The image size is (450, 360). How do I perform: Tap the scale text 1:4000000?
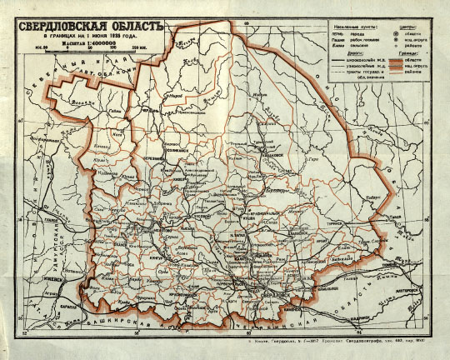[x=79, y=41]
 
